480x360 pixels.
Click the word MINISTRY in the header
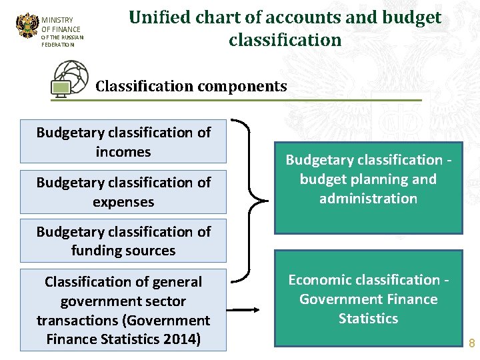coord(57,20)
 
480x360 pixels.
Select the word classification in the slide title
coord(285,40)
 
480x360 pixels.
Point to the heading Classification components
coord(191,86)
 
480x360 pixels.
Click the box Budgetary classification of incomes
coord(123,141)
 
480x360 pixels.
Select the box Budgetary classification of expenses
coord(123,191)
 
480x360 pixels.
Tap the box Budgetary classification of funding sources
coord(123,241)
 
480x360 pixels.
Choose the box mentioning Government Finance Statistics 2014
coord(123,310)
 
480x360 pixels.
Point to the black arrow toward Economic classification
coord(247,309)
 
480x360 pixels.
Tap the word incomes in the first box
coord(123,152)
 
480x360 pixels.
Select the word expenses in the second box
coord(123,201)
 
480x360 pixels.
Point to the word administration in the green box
coord(368,199)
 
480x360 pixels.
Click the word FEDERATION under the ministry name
coord(57,45)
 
